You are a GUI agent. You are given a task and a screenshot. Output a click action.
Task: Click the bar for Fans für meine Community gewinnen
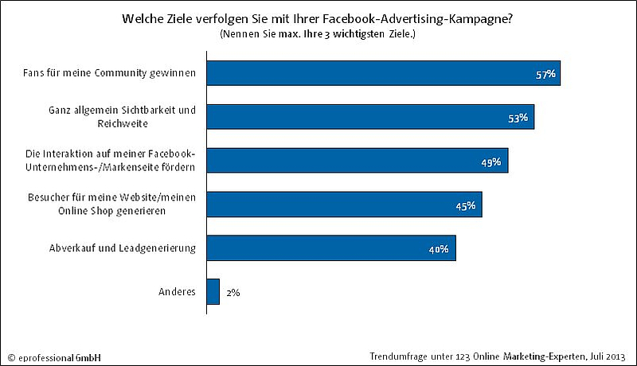[x=382, y=73]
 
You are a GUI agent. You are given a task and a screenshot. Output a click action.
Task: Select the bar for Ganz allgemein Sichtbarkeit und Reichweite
[x=370, y=117]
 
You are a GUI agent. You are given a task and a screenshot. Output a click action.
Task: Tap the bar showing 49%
[x=357, y=161]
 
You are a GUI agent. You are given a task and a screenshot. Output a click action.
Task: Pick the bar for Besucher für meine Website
[x=344, y=204]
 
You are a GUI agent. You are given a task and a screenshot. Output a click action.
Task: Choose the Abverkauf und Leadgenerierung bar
[x=330, y=248]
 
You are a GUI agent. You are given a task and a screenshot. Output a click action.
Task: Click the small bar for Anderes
[x=213, y=292]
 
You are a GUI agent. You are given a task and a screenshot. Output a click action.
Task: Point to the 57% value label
[x=545, y=75]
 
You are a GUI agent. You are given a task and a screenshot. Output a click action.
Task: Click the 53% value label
[x=519, y=119]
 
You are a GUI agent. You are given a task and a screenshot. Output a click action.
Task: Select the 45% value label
[x=466, y=206]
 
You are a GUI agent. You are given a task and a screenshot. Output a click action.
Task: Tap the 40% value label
[x=439, y=250]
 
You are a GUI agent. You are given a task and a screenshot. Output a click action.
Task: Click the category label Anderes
[x=178, y=292]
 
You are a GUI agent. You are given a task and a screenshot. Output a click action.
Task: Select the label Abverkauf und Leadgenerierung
[x=123, y=248]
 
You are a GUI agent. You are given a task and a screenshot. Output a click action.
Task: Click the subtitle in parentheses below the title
[x=318, y=34]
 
